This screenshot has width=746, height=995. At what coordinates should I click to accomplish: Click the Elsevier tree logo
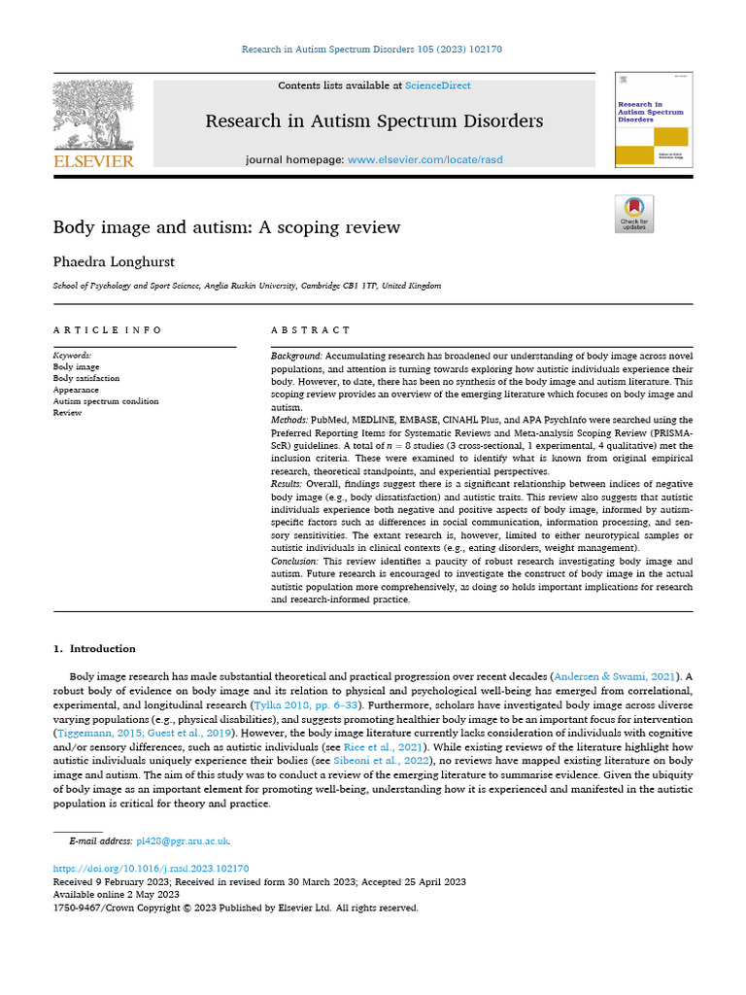tap(93, 116)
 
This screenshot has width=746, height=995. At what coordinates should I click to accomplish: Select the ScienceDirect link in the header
tap(438, 86)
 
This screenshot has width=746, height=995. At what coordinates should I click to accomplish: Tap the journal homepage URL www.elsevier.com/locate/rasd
tap(425, 159)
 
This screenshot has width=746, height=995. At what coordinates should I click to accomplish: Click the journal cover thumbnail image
tap(653, 120)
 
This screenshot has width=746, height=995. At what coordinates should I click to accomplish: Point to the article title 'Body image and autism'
tap(225, 227)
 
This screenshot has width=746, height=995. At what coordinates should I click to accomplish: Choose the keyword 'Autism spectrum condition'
tap(105, 401)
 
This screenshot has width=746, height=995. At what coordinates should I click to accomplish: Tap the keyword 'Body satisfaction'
tap(86, 379)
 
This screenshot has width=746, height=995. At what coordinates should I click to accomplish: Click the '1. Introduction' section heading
tap(94, 648)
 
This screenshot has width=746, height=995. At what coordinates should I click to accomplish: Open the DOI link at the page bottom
tap(151, 869)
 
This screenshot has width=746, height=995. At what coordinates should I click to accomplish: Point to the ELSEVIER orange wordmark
tap(93, 161)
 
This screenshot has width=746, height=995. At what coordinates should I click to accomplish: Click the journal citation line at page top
tap(372, 49)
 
